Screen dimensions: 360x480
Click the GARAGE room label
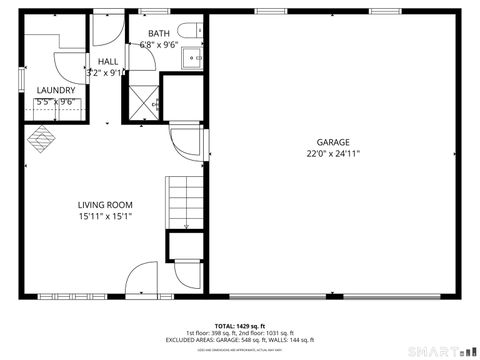333,142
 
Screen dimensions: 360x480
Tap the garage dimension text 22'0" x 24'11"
333,154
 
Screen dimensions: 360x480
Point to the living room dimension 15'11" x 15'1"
105,216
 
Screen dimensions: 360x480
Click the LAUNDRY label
56,90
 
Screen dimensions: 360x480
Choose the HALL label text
101,61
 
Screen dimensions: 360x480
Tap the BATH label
159,34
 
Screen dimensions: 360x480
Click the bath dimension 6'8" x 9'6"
159,45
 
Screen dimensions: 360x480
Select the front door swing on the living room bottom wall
141,278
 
